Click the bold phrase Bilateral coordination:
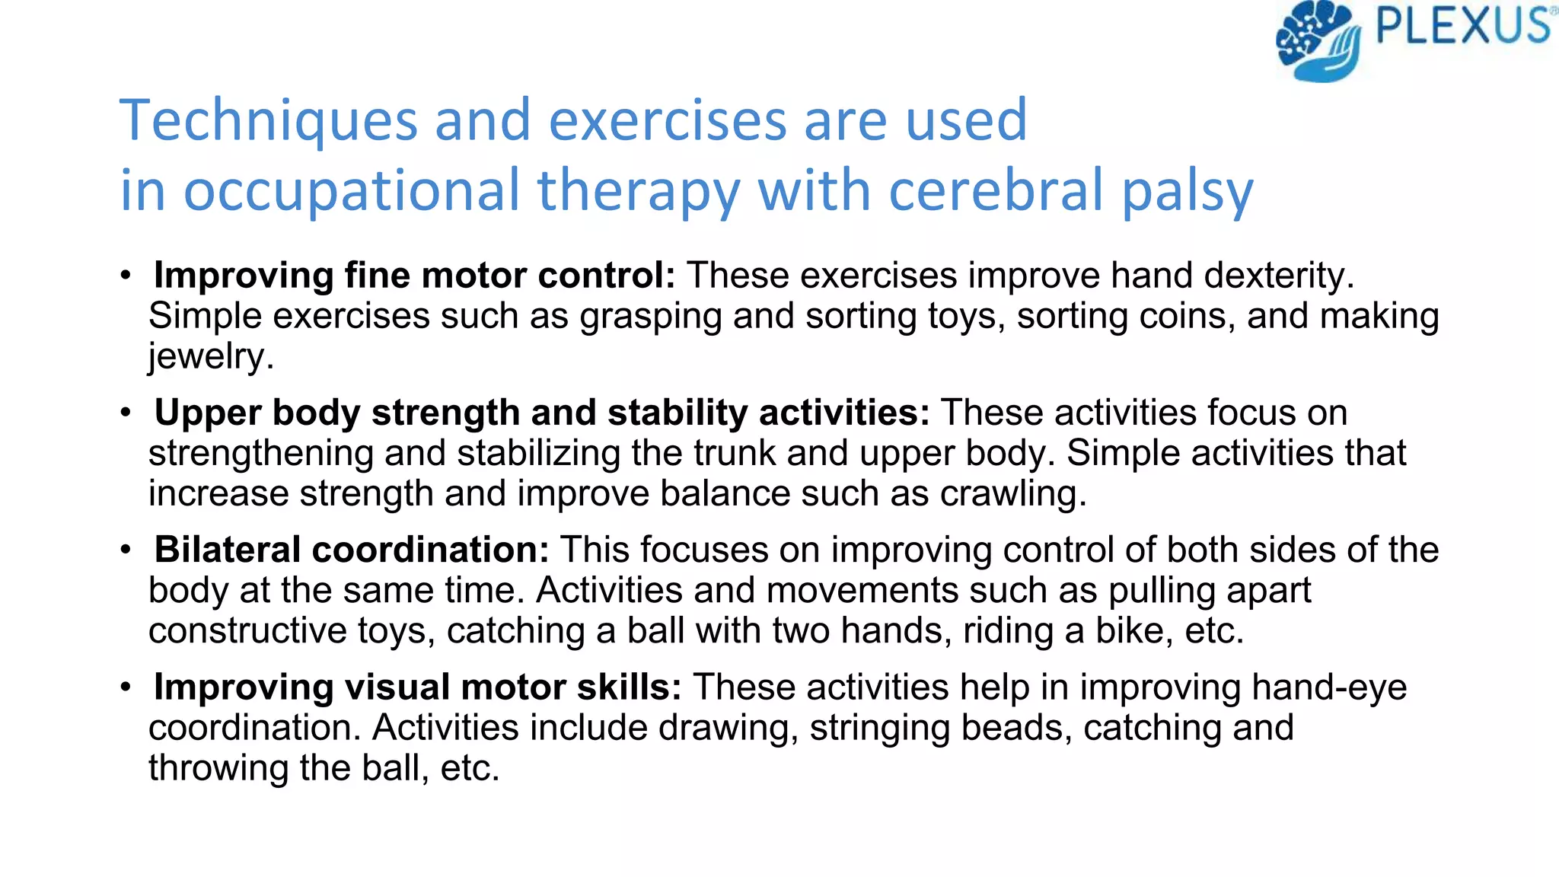click(351, 550)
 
